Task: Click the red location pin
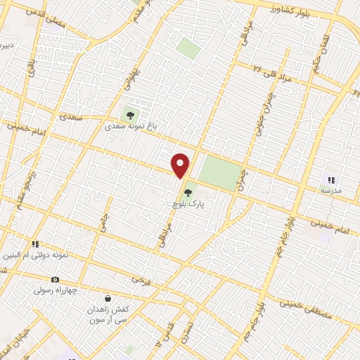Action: [x=181, y=165]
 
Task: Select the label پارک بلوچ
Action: [x=188, y=203]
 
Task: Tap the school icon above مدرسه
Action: [x=330, y=179]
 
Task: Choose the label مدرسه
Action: [x=330, y=191]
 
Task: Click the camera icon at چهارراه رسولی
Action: [x=56, y=280]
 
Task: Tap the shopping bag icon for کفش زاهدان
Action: [x=107, y=298]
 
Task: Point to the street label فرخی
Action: [x=141, y=280]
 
